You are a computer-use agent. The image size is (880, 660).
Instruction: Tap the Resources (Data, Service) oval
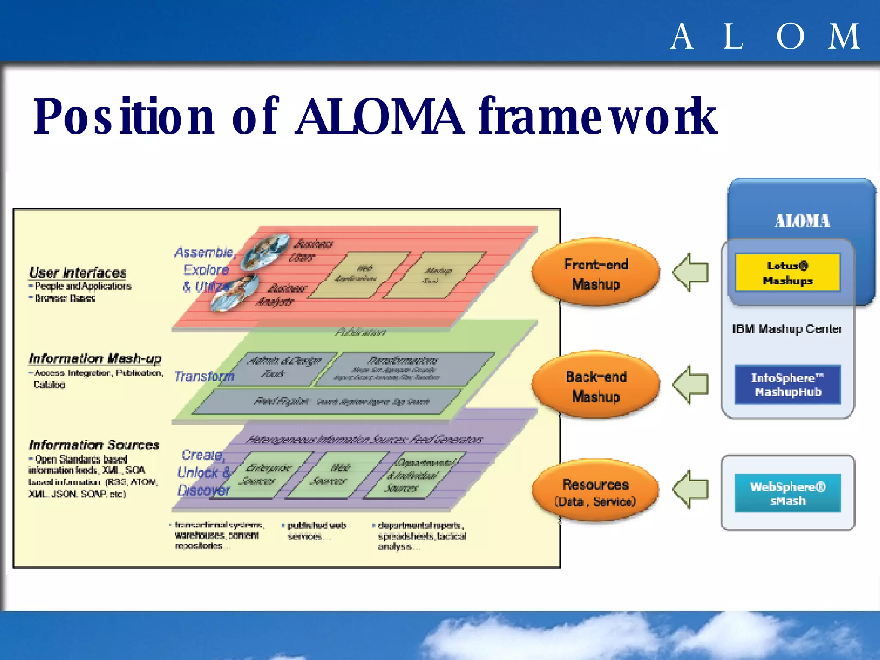596,492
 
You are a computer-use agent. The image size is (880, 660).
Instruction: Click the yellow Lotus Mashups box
787,273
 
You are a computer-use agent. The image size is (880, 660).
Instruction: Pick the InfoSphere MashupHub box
787,385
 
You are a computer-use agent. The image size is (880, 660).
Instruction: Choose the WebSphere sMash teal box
787,493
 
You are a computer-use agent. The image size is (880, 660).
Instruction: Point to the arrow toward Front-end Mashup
691,272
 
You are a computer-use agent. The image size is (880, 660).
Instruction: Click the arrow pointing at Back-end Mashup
691,385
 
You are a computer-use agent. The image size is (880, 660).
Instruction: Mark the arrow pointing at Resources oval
691,489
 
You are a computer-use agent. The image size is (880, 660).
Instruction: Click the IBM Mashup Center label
786,329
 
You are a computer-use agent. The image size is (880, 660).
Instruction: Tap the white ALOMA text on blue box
802,221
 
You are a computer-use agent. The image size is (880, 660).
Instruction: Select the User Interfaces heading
77,273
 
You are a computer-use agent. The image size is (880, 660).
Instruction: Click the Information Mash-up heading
95,358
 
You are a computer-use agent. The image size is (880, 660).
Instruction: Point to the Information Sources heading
94,445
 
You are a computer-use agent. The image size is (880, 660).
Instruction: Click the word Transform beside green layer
204,376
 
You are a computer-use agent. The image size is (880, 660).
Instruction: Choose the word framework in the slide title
597,116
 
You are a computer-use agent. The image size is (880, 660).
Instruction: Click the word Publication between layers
360,332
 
